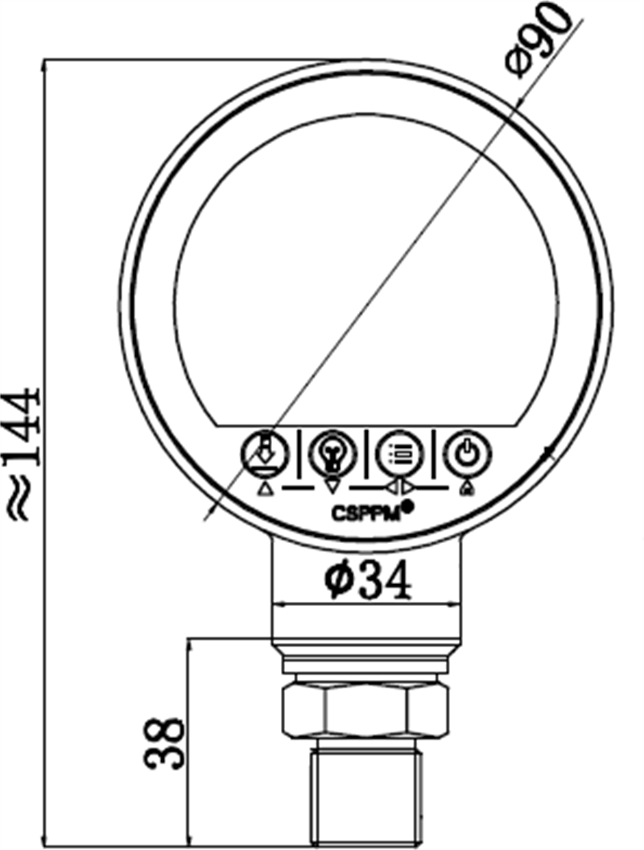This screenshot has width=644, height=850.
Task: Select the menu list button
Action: tap(398, 454)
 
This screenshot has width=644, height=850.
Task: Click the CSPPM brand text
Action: tap(365, 513)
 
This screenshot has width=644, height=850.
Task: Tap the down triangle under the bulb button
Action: tap(332, 487)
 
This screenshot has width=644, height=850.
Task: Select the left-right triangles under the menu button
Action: tap(398, 487)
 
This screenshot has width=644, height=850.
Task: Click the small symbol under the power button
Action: tap(464, 488)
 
